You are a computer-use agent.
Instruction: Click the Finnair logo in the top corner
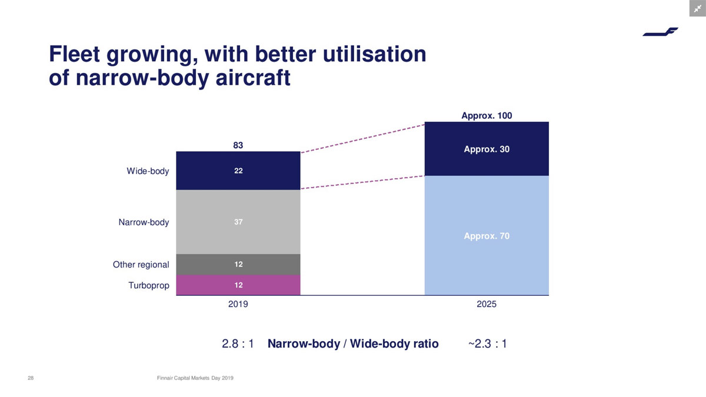[660, 32]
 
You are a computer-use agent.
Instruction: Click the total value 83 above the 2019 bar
[238, 145]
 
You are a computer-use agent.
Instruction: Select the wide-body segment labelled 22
[238, 171]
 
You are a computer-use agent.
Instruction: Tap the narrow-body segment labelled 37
[238, 222]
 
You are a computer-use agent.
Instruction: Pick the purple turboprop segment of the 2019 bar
[238, 285]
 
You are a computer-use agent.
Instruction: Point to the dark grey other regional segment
[238, 264]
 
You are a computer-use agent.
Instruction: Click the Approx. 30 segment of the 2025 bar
[487, 149]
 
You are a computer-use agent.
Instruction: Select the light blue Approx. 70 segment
[487, 236]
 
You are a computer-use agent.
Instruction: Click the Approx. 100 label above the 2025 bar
[487, 115]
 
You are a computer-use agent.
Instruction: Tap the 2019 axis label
[238, 305]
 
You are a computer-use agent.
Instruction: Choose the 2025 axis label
[487, 305]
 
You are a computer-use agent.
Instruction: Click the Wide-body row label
[148, 171]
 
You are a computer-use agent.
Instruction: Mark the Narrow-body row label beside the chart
[144, 222]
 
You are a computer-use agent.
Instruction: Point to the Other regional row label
[141, 265]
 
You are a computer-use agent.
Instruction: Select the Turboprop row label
[149, 286]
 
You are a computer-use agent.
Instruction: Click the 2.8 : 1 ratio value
[238, 343]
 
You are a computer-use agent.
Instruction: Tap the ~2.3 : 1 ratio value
[487, 343]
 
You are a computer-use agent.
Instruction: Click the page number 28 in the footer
[31, 378]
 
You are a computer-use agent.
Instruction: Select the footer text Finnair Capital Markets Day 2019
[196, 378]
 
